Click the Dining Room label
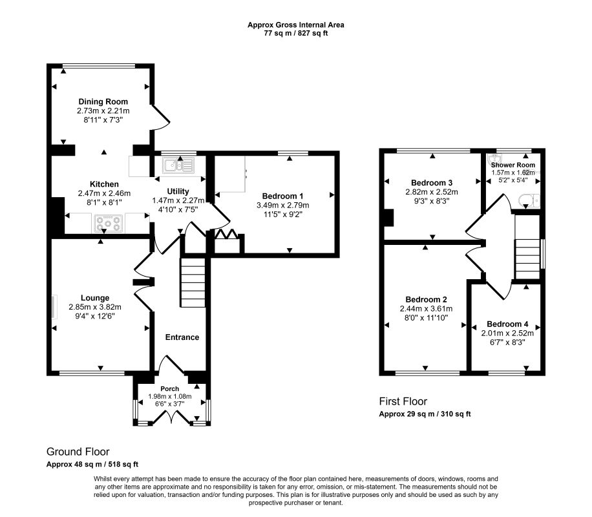pyautogui.click(x=103, y=101)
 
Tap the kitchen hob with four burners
pyautogui.click(x=109, y=223)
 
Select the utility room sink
pyautogui.click(x=179, y=165)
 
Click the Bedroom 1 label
pyautogui.click(x=282, y=196)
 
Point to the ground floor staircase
pyautogui.click(x=193, y=282)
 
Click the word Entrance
pyautogui.click(x=182, y=337)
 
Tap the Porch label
pyautogui.click(x=170, y=388)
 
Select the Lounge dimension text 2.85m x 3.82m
pyautogui.click(x=95, y=307)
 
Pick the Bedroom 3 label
pyautogui.click(x=432, y=183)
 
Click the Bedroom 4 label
pyautogui.click(x=507, y=324)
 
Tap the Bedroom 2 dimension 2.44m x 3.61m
pyautogui.click(x=427, y=308)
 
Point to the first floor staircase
pyautogui.click(x=527, y=258)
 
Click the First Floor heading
pyautogui.click(x=403, y=401)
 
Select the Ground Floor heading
pyautogui.click(x=78, y=452)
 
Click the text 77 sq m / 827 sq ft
pyautogui.click(x=295, y=33)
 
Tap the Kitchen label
pyautogui.click(x=104, y=184)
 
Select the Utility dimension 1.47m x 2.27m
pyautogui.click(x=178, y=200)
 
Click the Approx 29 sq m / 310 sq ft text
pyautogui.click(x=425, y=414)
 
